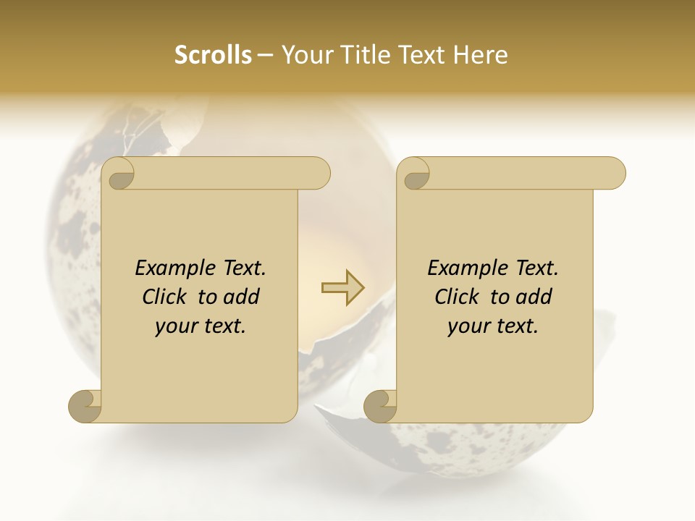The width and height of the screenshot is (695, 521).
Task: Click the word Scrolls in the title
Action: [x=213, y=55]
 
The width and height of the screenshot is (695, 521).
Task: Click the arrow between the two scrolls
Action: [x=343, y=288]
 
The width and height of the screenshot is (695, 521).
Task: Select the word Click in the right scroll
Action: [x=458, y=297]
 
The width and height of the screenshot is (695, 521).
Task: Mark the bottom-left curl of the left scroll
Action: [x=85, y=406]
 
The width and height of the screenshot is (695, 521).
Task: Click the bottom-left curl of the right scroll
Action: [x=380, y=406]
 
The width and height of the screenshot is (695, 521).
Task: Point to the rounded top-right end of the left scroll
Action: [x=319, y=173]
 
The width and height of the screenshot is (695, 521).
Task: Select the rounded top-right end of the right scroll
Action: [x=614, y=173]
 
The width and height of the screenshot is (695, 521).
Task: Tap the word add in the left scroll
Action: [x=241, y=297]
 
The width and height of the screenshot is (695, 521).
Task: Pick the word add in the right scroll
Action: [x=534, y=297]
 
